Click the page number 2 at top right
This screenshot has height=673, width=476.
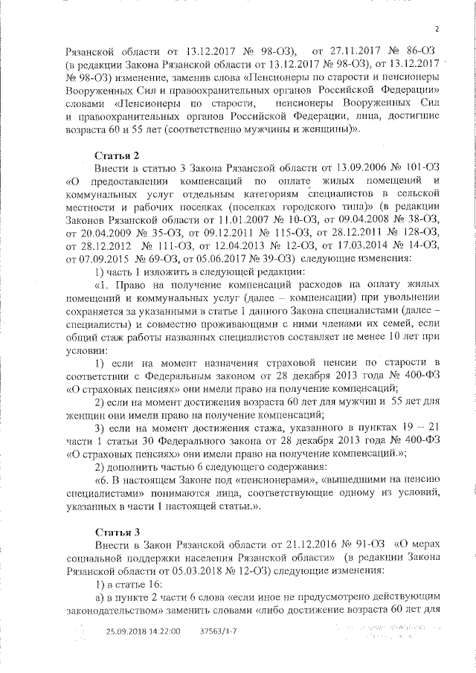(437, 29)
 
